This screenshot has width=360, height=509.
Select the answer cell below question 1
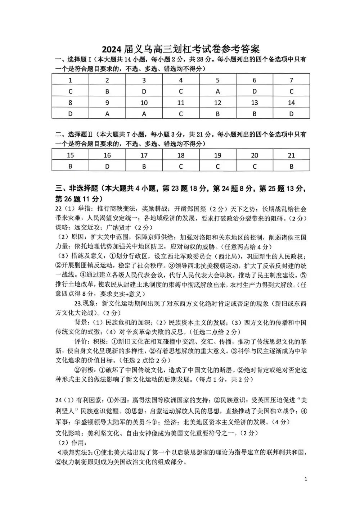coord(70,91)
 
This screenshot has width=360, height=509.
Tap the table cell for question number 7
coord(291,80)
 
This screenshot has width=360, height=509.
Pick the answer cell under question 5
coord(217,91)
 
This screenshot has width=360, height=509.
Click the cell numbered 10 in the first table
coord(144,103)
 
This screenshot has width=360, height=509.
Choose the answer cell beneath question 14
coord(291,114)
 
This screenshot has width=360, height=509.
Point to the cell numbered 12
coord(217,103)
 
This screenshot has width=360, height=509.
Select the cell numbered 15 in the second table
coord(70,155)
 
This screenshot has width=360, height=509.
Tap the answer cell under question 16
coord(107,167)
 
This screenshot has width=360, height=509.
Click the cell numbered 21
coord(291,155)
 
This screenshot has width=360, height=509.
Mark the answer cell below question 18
coord(181,167)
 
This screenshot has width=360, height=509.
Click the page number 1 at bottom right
coord(306,479)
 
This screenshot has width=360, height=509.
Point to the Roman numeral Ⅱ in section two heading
coord(90,135)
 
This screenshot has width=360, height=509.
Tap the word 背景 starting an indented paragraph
coord(80,322)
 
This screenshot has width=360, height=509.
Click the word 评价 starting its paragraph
coord(80,341)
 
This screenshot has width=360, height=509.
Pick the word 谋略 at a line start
coord(61,228)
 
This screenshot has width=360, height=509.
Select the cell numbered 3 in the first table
coord(144,80)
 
